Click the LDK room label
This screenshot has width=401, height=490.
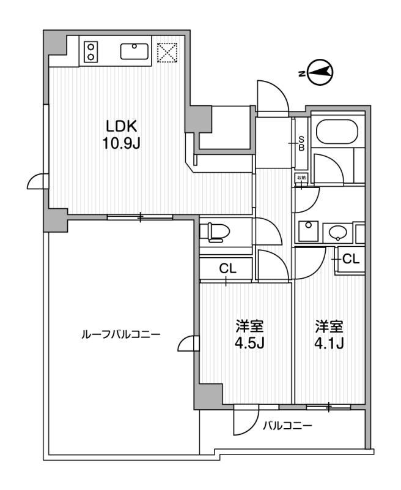[x=124, y=127]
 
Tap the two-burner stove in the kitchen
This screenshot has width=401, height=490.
[x=91, y=51]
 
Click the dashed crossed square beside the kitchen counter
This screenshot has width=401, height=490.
[x=167, y=52]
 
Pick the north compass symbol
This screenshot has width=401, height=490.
[x=318, y=73]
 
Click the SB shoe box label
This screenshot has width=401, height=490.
[x=301, y=143]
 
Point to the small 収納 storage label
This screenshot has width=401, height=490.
[x=301, y=178]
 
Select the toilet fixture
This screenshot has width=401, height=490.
[x=214, y=230]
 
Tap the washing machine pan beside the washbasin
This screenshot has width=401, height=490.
[x=306, y=232]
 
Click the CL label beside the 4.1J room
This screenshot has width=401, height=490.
[x=350, y=258]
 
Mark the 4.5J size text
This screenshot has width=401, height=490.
[x=249, y=343]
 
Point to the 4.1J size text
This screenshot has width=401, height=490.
[x=329, y=343]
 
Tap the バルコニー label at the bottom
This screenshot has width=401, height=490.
[x=287, y=426]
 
